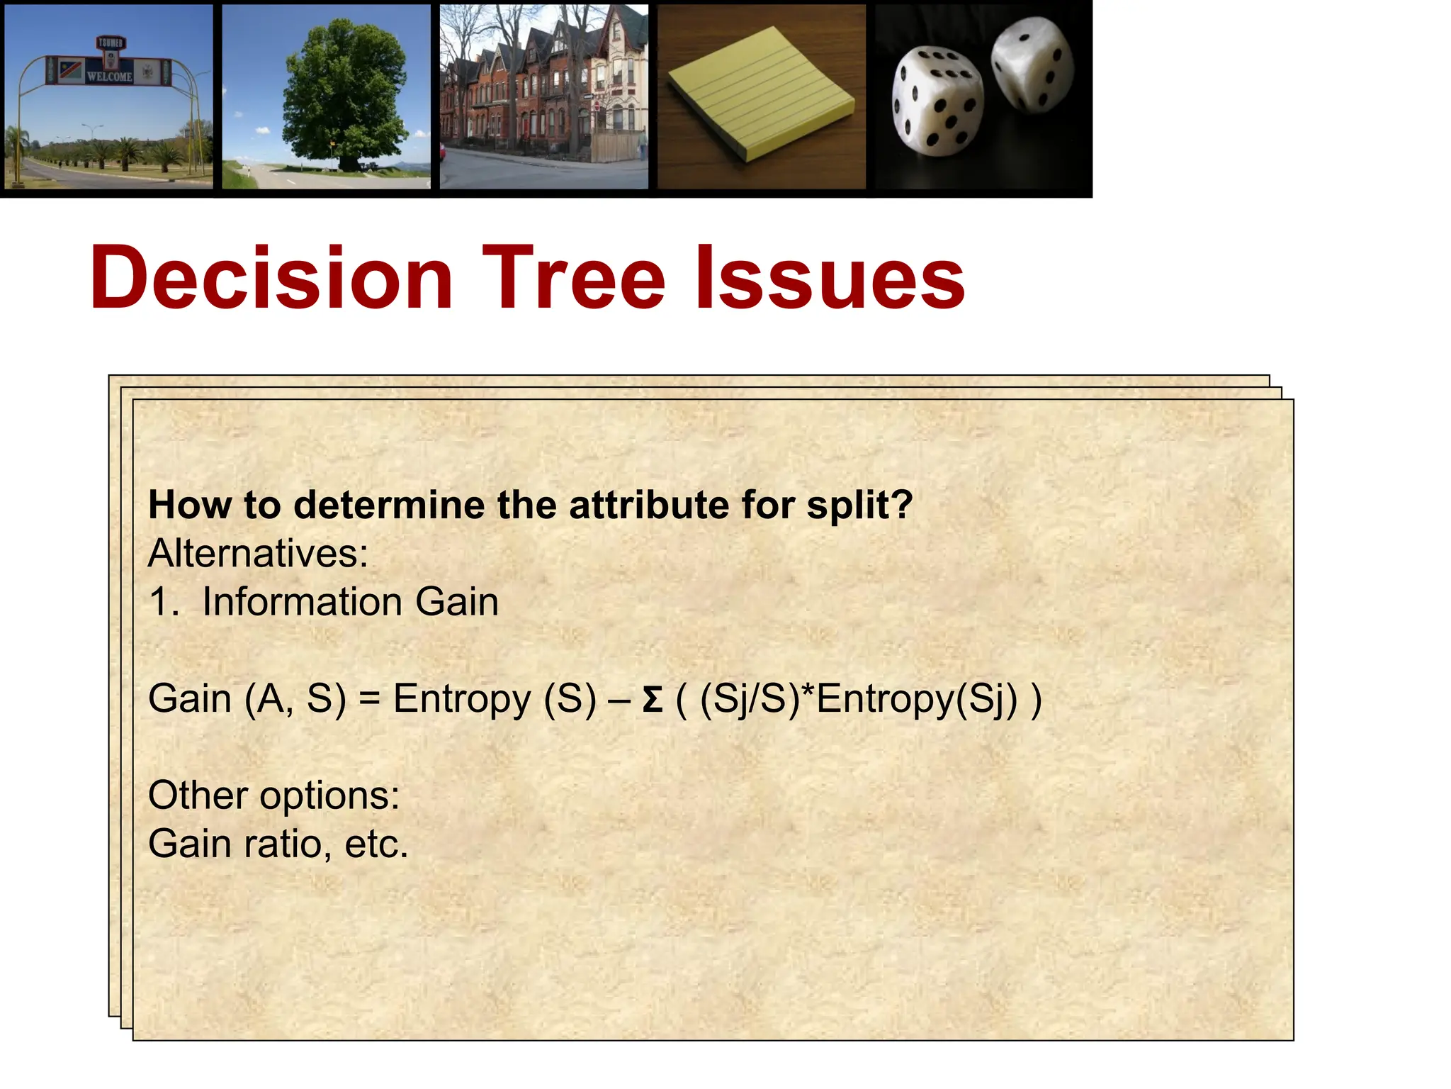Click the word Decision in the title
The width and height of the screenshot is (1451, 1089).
271,278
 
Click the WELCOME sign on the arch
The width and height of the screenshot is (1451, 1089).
109,76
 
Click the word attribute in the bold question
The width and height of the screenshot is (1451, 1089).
650,506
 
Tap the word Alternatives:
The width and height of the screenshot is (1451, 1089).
258,554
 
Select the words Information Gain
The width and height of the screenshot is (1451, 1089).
350,602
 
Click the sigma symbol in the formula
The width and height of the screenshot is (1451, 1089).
652,700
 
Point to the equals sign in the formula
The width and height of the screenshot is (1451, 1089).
369,700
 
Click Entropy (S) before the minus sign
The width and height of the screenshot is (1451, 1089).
494,700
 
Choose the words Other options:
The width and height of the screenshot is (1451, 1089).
273,795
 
